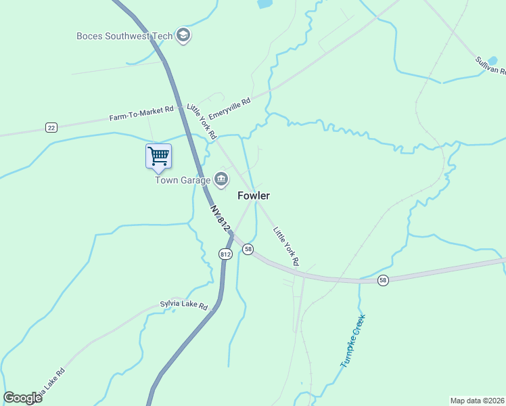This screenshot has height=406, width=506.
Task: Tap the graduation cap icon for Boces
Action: pos(183,35)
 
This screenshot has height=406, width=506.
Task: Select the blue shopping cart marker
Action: pos(158,156)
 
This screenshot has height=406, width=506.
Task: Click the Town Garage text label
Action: pos(183,180)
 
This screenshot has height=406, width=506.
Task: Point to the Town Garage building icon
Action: pos(221,179)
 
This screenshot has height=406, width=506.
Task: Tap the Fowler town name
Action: pos(254,196)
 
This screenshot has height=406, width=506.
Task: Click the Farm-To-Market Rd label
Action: pos(141,113)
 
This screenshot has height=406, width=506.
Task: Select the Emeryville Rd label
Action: pos(230,108)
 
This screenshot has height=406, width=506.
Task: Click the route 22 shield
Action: pos(51,127)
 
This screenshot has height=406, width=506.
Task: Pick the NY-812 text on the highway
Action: pos(219,220)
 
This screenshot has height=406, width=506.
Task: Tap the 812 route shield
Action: pos(225,254)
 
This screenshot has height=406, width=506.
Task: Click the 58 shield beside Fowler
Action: pos(249,249)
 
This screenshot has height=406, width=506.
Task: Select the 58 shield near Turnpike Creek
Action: pos(383,280)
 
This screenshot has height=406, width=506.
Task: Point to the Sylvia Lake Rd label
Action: pos(183,305)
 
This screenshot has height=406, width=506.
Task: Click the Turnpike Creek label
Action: pos(353,340)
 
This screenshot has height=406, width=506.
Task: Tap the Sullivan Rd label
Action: pos(490,66)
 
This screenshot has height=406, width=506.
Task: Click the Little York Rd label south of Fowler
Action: pos(285,246)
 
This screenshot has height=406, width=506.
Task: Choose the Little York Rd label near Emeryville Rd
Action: pos(201,121)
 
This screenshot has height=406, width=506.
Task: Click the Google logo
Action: pos(22,398)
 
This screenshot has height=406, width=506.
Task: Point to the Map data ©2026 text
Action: pos(477,401)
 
